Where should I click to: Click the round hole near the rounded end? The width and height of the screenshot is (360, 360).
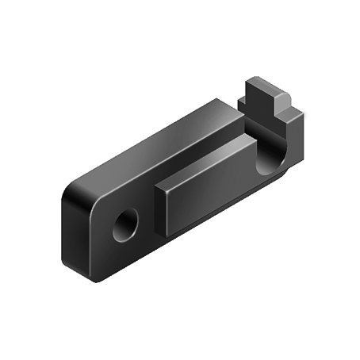click(x=124, y=225)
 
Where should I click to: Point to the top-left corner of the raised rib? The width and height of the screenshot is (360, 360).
click(x=157, y=189)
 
